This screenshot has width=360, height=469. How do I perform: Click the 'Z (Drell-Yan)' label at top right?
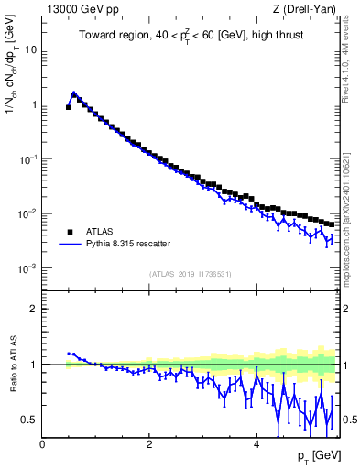click(306, 9)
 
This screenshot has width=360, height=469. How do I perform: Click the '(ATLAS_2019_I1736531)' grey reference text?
click(190, 274)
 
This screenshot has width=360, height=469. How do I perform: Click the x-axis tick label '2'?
click(149, 444)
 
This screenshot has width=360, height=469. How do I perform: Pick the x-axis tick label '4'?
click(256, 444)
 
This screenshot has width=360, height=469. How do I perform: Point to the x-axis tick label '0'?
click(42, 444)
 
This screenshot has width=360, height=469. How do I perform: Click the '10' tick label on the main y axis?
click(30, 49)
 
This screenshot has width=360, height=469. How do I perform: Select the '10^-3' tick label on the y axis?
click(27, 268)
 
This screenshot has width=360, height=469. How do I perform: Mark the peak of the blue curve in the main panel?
click(73, 93)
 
